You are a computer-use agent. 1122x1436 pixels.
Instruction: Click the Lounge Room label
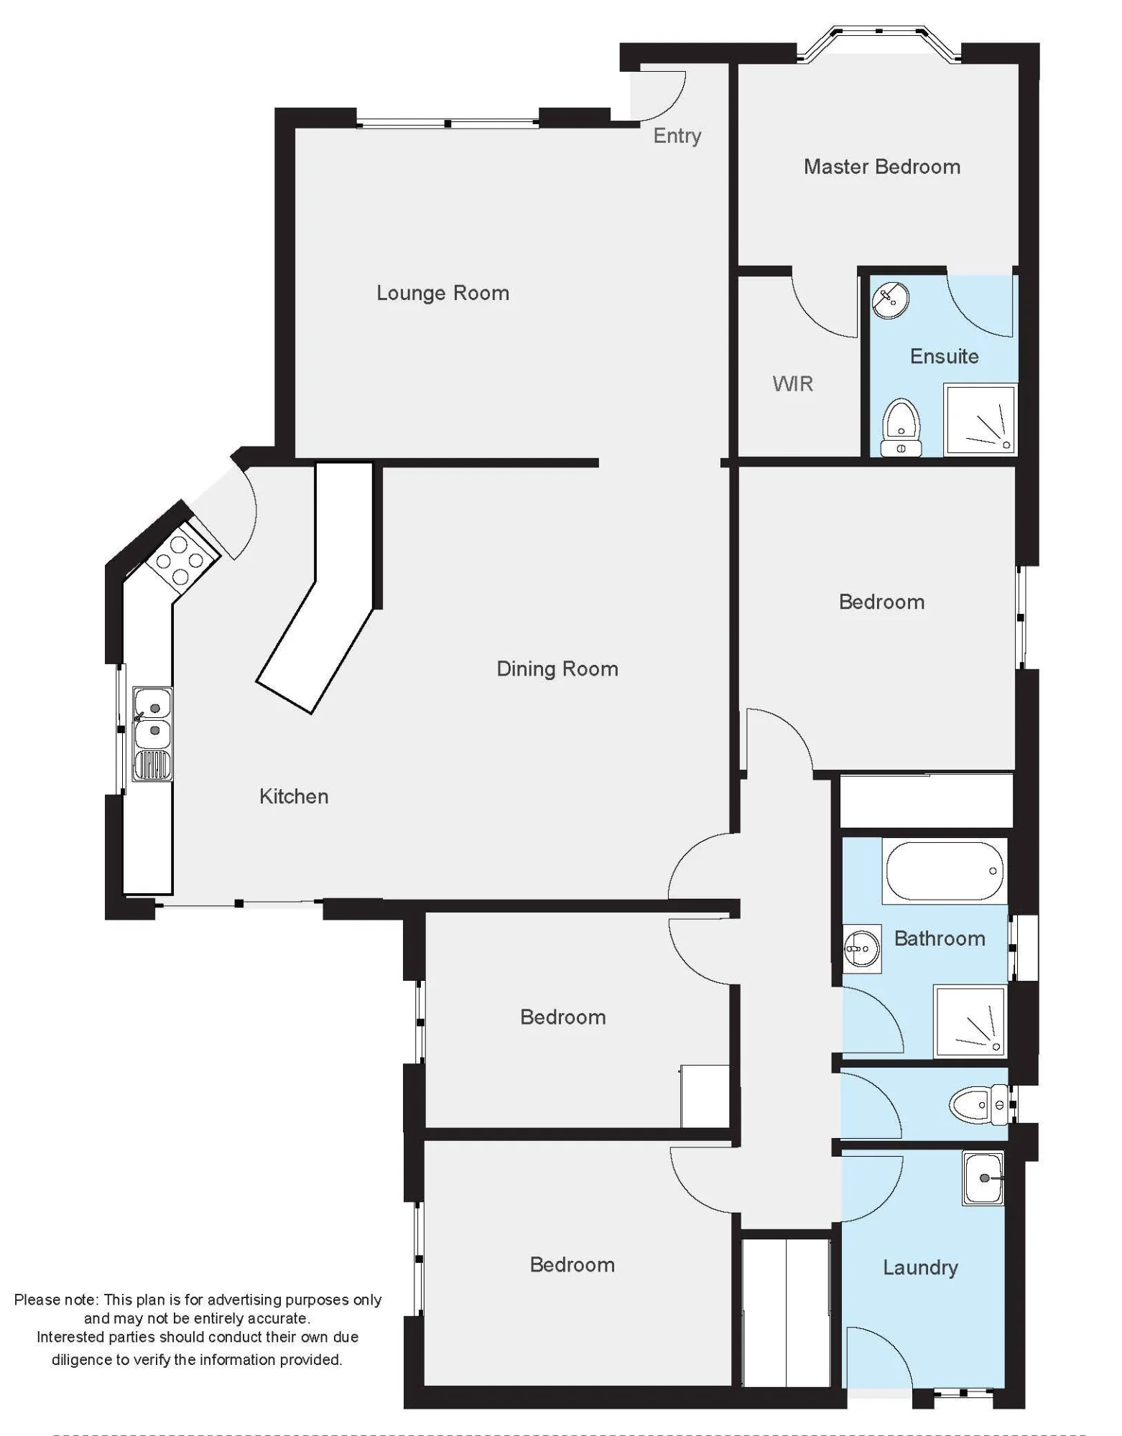pyautogui.click(x=442, y=293)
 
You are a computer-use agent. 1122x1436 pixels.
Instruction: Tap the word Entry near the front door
pyautogui.click(x=677, y=136)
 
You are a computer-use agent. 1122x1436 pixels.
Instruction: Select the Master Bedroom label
pyautogui.click(x=882, y=167)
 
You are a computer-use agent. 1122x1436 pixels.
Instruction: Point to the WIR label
pyautogui.click(x=793, y=383)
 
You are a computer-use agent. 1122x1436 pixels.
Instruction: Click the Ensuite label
pyautogui.click(x=944, y=356)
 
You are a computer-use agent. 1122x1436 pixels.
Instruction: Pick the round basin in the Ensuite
pyautogui.click(x=891, y=300)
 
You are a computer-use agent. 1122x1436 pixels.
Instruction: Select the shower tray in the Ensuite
pyautogui.click(x=980, y=420)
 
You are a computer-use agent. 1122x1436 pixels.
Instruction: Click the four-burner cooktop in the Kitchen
pyautogui.click(x=182, y=559)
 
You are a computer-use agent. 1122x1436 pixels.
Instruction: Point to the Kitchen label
pyautogui.click(x=294, y=796)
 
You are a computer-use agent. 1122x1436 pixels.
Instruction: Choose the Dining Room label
pyautogui.click(x=557, y=669)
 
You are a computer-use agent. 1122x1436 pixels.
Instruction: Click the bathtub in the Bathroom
pyautogui.click(x=945, y=871)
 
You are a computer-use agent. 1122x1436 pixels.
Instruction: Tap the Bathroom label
pyautogui.click(x=940, y=938)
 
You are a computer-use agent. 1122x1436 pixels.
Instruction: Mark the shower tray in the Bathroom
pyautogui.click(x=970, y=1021)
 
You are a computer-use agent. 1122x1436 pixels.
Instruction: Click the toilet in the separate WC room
pyautogui.click(x=978, y=1105)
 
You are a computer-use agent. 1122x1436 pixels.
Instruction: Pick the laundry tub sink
pyautogui.click(x=983, y=1178)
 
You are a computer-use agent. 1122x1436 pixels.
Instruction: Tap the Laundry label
pyautogui.click(x=920, y=1267)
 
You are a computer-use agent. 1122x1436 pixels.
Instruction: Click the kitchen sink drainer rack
pyautogui.click(x=152, y=765)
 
